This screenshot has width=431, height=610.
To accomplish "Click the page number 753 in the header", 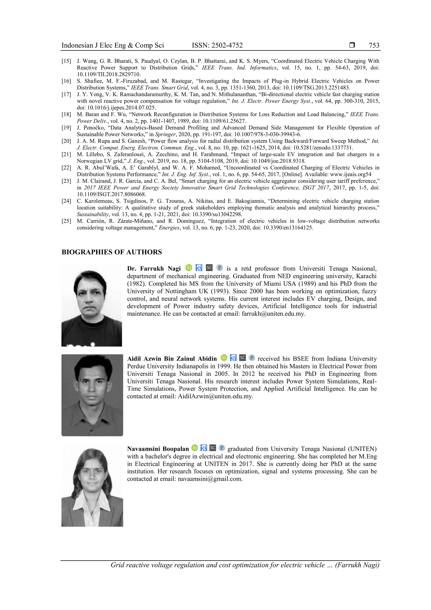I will tap(374, 45).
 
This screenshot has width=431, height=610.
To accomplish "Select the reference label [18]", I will tap(66, 115).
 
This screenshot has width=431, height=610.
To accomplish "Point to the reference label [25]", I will tap(66, 221).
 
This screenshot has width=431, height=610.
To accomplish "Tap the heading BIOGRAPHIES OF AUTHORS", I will tap(112, 252).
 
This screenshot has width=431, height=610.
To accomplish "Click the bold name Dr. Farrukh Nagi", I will tap(154, 269).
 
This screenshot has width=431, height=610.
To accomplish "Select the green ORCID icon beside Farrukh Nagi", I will tap(189, 268).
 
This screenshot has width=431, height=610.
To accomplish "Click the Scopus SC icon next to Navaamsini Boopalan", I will tap(213, 448).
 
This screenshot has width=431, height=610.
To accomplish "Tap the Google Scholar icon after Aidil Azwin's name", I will tap(233, 358).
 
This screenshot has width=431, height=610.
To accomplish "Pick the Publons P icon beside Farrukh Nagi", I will tap(219, 268).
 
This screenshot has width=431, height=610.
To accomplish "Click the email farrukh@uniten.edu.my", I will tap(273, 314).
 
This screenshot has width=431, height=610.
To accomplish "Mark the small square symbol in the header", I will tap(352, 45).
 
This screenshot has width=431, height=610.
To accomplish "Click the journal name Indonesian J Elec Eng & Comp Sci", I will tap(113, 45).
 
